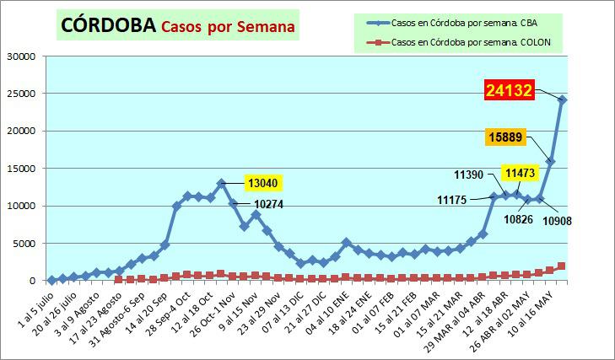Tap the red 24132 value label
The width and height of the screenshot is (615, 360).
pyautogui.click(x=508, y=90)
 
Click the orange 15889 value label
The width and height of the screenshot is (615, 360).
pyautogui.click(x=510, y=136)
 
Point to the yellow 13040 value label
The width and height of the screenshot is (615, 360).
pyautogui.click(x=262, y=182)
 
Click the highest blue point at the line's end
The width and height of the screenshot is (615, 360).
pyautogui.click(x=563, y=99)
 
